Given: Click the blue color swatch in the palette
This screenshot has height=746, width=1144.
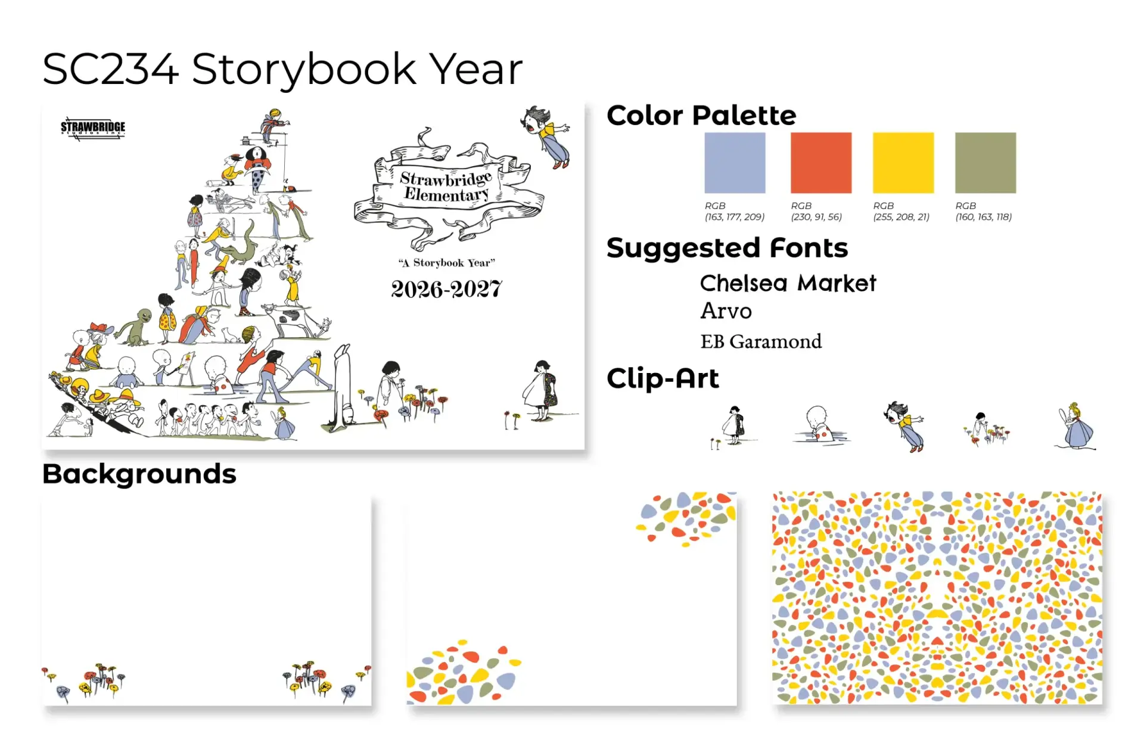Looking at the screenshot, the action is pyautogui.click(x=735, y=163).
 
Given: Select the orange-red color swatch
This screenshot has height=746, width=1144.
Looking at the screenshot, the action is pyautogui.click(x=821, y=163).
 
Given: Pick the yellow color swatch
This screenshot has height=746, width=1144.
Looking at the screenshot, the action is pyautogui.click(x=903, y=163).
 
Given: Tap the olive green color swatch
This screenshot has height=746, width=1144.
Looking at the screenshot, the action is pyautogui.click(x=986, y=163).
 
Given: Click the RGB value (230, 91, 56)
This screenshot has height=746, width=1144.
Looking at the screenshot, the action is pyautogui.click(x=816, y=217).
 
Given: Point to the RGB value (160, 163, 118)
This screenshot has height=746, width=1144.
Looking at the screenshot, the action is pyautogui.click(x=984, y=217).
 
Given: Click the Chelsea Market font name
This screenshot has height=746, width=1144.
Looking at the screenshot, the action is pyautogui.click(x=788, y=284).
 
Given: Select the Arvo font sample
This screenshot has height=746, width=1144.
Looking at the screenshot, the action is pyautogui.click(x=726, y=311).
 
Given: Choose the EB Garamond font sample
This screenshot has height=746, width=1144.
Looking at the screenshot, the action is pyautogui.click(x=761, y=341).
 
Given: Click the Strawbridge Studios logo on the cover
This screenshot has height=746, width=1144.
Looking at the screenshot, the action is pyautogui.click(x=93, y=128).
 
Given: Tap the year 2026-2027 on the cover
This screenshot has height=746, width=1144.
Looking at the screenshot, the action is pyautogui.click(x=446, y=290).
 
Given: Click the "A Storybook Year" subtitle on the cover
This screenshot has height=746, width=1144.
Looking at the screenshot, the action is pyautogui.click(x=446, y=263).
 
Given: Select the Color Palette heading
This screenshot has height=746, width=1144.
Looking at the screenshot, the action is pyautogui.click(x=701, y=115).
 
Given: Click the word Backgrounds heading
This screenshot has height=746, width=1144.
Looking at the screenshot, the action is pyautogui.click(x=139, y=474).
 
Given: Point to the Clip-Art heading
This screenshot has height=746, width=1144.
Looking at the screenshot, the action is pyautogui.click(x=663, y=378).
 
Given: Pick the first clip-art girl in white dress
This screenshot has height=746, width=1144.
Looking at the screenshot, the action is pyautogui.click(x=733, y=427).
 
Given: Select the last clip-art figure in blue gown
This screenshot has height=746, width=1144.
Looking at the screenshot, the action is pyautogui.click(x=1075, y=427).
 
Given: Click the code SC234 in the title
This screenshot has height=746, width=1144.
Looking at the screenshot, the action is pyautogui.click(x=110, y=69).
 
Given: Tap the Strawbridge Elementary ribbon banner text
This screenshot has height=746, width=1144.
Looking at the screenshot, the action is pyautogui.click(x=446, y=186).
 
